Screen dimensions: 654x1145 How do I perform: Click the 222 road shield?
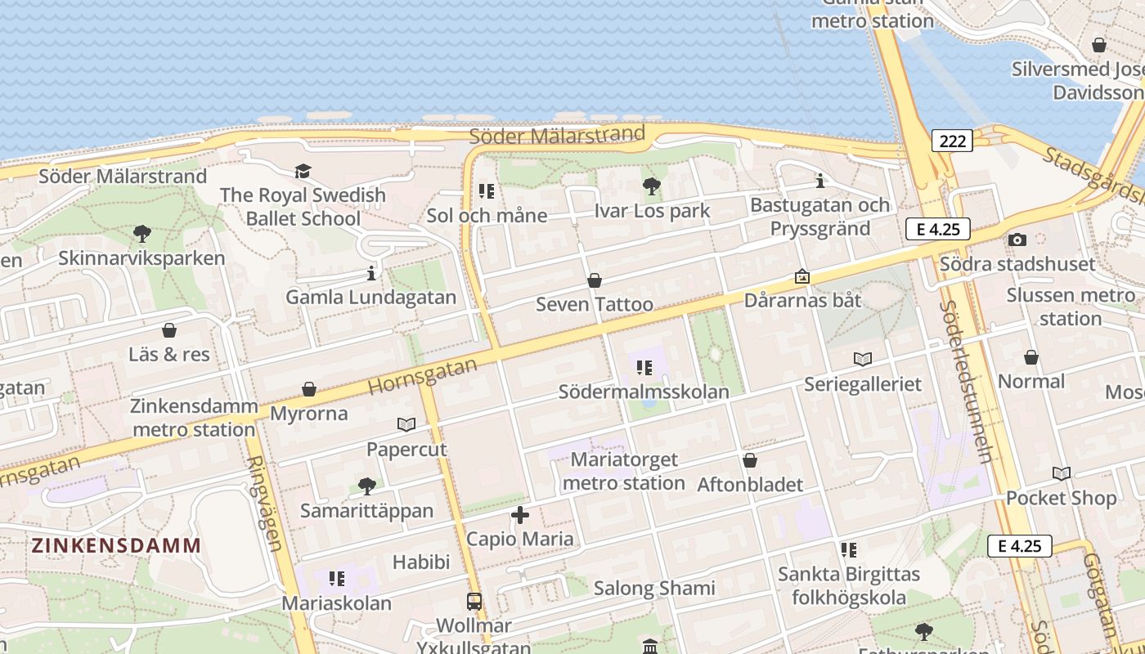[x=952, y=141]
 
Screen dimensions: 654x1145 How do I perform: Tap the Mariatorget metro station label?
[x=624, y=471]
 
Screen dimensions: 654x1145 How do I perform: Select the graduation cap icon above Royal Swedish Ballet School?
[x=303, y=171]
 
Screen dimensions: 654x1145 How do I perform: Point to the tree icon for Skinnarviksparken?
[x=141, y=234]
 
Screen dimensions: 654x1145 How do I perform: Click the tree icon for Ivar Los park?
[x=652, y=186]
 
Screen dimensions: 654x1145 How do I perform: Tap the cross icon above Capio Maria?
[x=520, y=515]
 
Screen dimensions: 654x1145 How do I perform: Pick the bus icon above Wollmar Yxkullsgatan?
[x=474, y=601]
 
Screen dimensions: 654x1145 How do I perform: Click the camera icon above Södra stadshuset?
[x=1017, y=240]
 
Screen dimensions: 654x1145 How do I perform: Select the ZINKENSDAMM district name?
[x=116, y=545]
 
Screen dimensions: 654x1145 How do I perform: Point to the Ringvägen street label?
[x=266, y=502]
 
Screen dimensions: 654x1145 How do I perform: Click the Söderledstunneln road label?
[x=966, y=381]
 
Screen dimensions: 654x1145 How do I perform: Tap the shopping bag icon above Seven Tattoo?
[x=595, y=280]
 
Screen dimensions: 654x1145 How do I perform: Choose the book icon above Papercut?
[x=406, y=424]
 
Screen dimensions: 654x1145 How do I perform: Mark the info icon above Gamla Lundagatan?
[x=371, y=272]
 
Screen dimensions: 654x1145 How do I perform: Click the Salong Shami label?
[x=654, y=588]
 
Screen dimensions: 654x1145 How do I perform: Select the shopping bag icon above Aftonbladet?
[x=750, y=461]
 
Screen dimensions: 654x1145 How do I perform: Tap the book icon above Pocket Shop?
[x=1062, y=473]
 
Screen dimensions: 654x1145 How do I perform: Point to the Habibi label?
[x=421, y=562]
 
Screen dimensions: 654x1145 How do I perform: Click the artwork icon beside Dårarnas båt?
[x=802, y=276]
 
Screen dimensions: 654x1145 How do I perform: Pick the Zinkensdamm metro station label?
[x=194, y=418]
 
